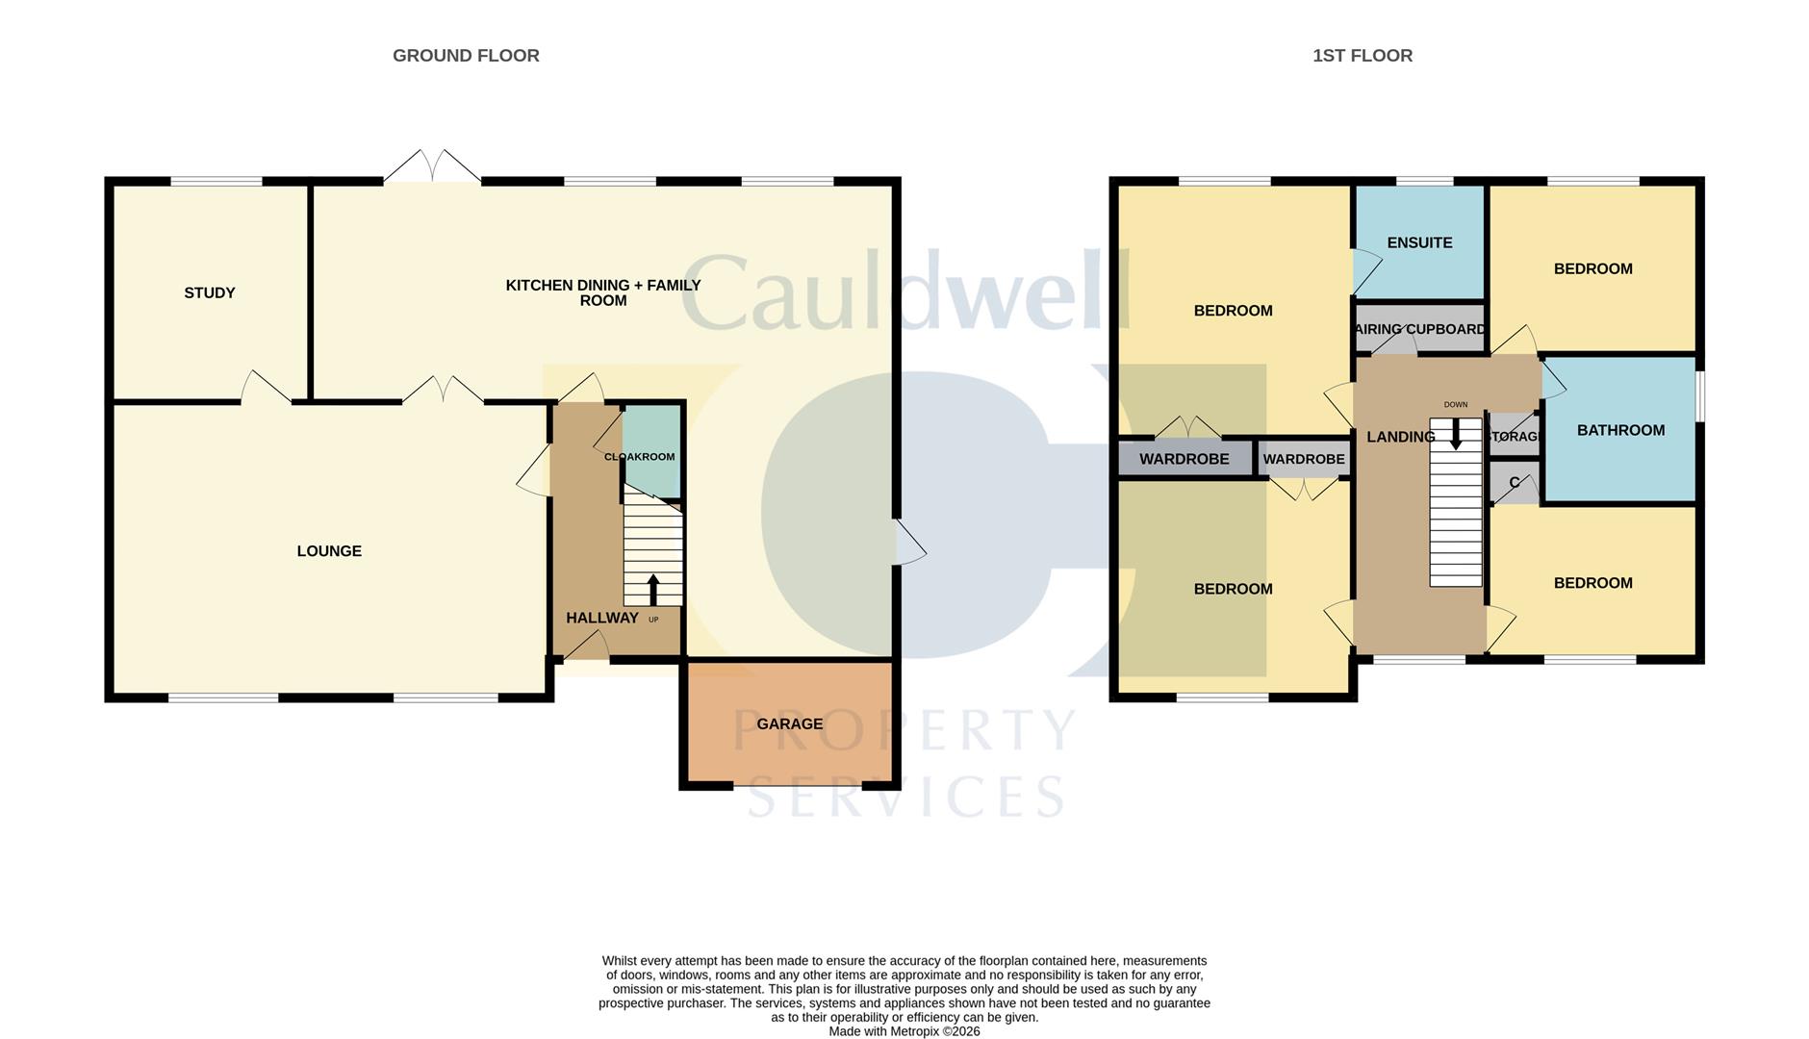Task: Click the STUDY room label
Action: tap(210, 292)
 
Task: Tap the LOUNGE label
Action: tap(329, 551)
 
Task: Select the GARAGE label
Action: tap(789, 723)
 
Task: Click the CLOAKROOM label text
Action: tap(639, 457)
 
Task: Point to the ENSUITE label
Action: tap(1419, 242)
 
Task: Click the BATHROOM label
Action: tap(1620, 430)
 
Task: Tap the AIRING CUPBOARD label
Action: tap(1419, 329)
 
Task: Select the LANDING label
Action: tap(1400, 437)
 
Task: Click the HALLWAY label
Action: tap(601, 618)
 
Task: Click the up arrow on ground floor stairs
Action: tap(653, 589)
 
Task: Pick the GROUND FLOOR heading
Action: tap(466, 56)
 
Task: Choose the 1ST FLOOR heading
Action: tap(1362, 56)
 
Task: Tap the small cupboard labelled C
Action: tap(1514, 483)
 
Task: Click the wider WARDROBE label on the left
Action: tap(1184, 459)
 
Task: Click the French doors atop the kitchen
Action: tap(432, 167)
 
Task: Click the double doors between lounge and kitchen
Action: tap(443, 390)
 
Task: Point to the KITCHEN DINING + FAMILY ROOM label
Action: tap(603, 292)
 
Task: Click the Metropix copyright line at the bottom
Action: tap(904, 1031)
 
